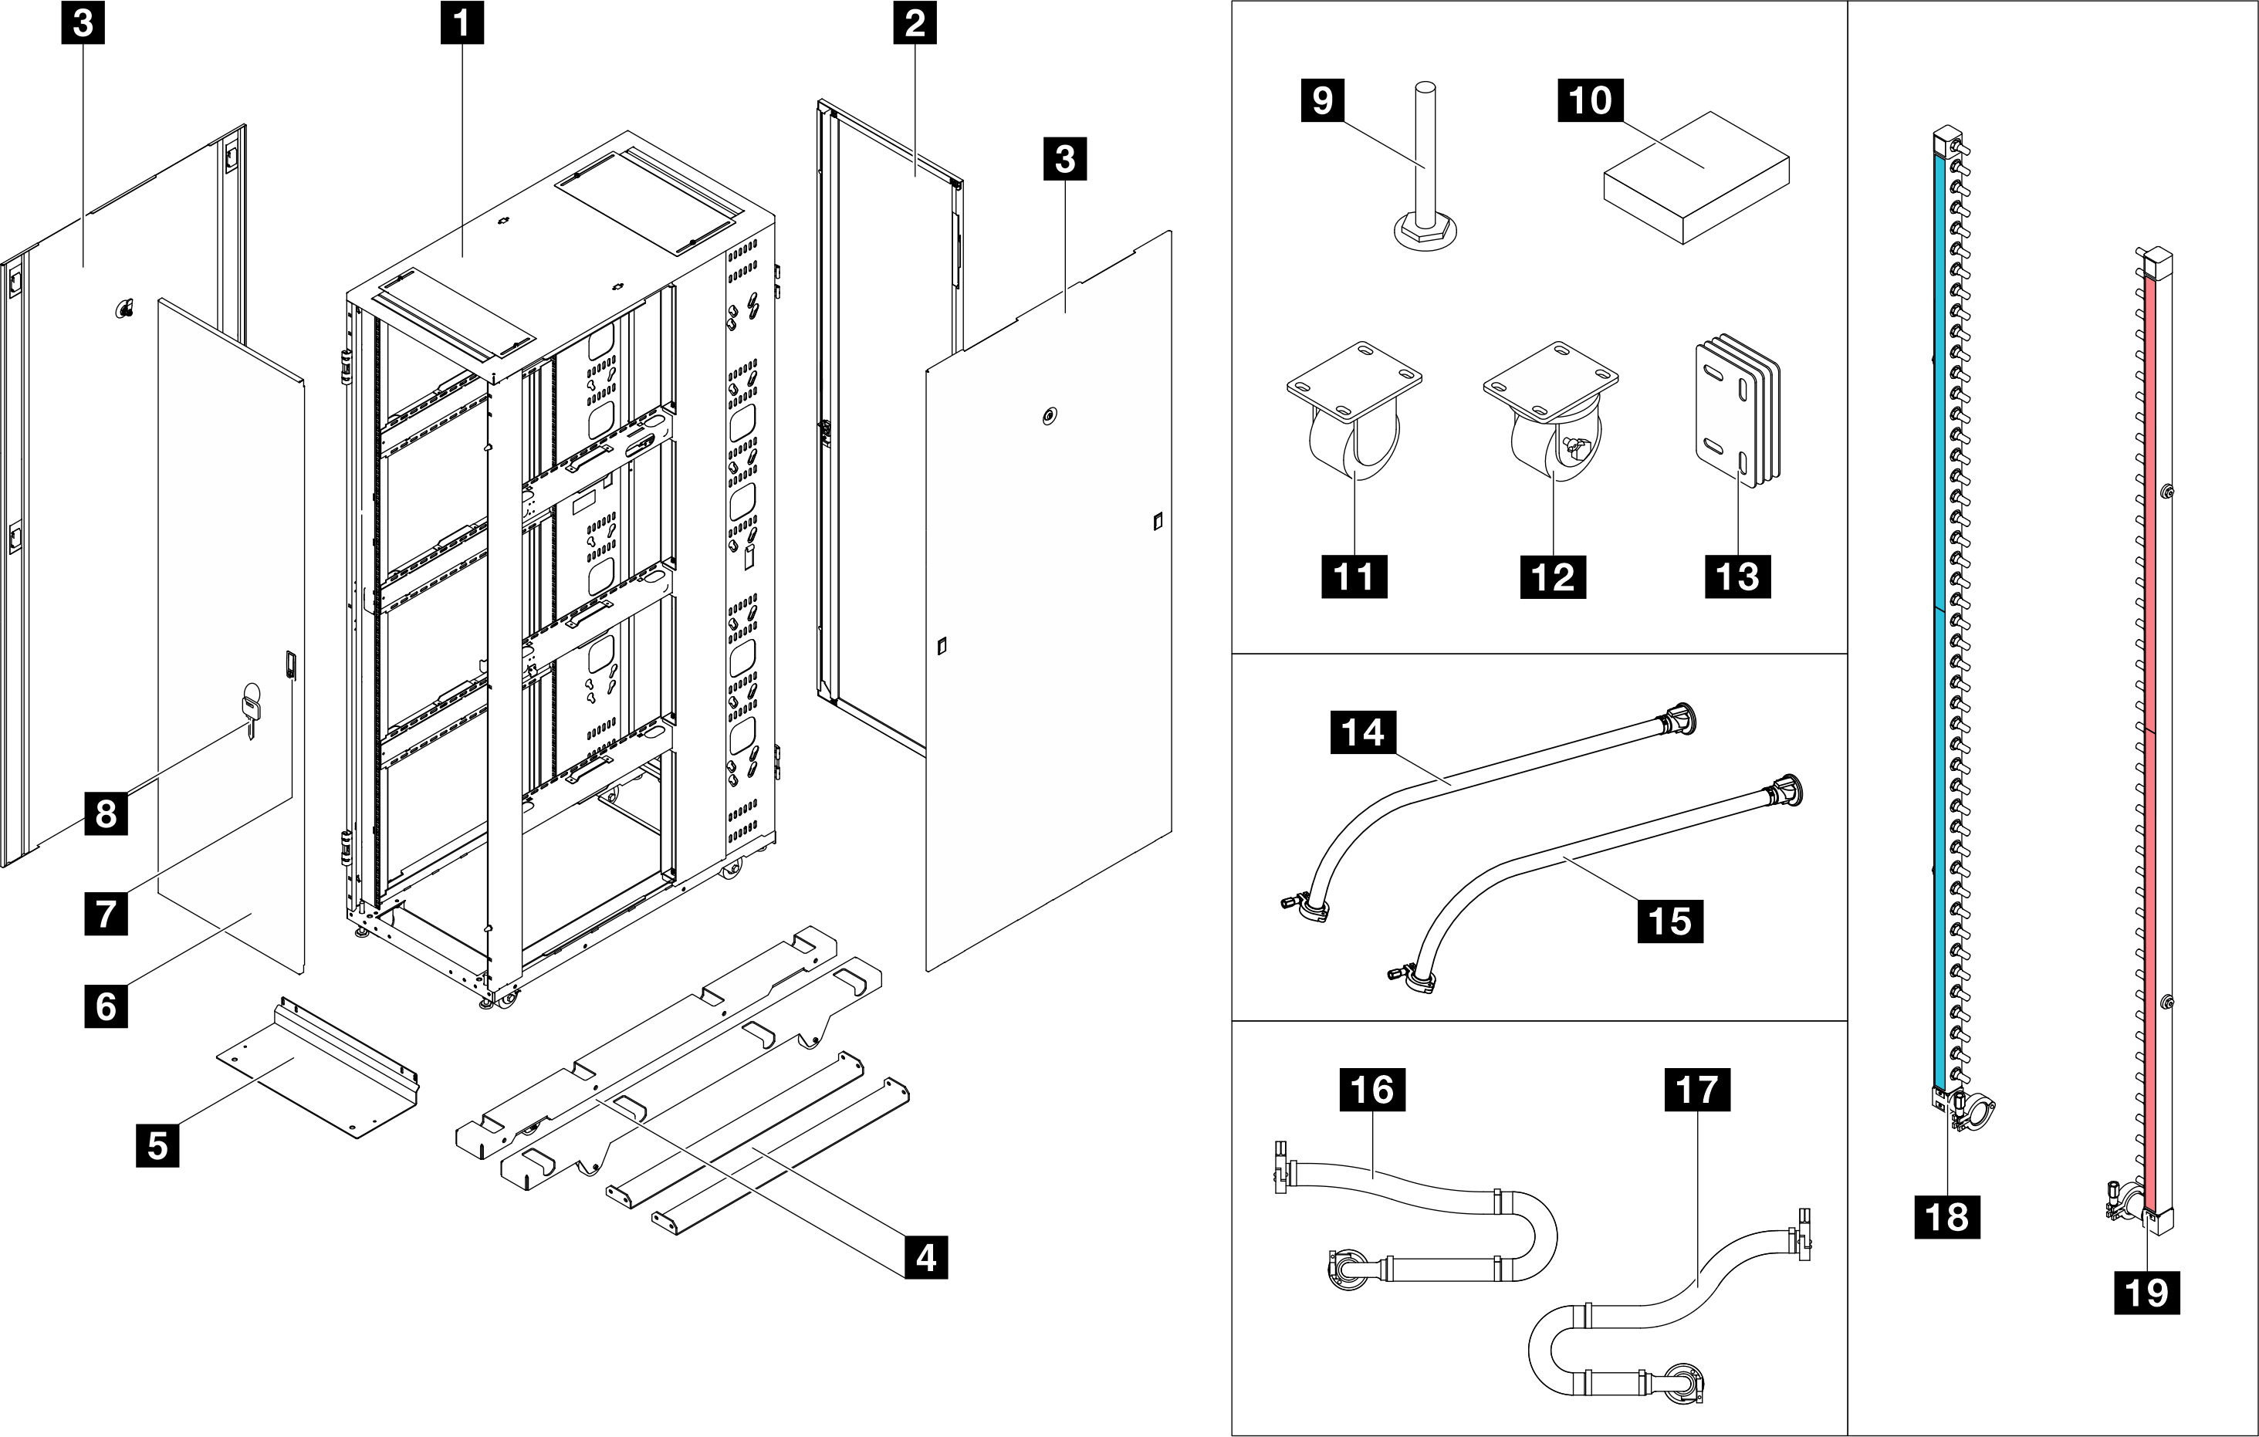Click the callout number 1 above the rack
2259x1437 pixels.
[x=462, y=23]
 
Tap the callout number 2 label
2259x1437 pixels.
[x=915, y=23]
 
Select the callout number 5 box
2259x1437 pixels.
[x=157, y=1145]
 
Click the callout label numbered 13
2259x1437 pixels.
[x=1737, y=576]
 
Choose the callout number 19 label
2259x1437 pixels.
[x=2146, y=1293]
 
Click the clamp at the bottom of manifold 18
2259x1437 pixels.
[x=1973, y=1115]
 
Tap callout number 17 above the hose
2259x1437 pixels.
[x=1696, y=1090]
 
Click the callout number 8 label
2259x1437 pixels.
[x=106, y=813]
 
